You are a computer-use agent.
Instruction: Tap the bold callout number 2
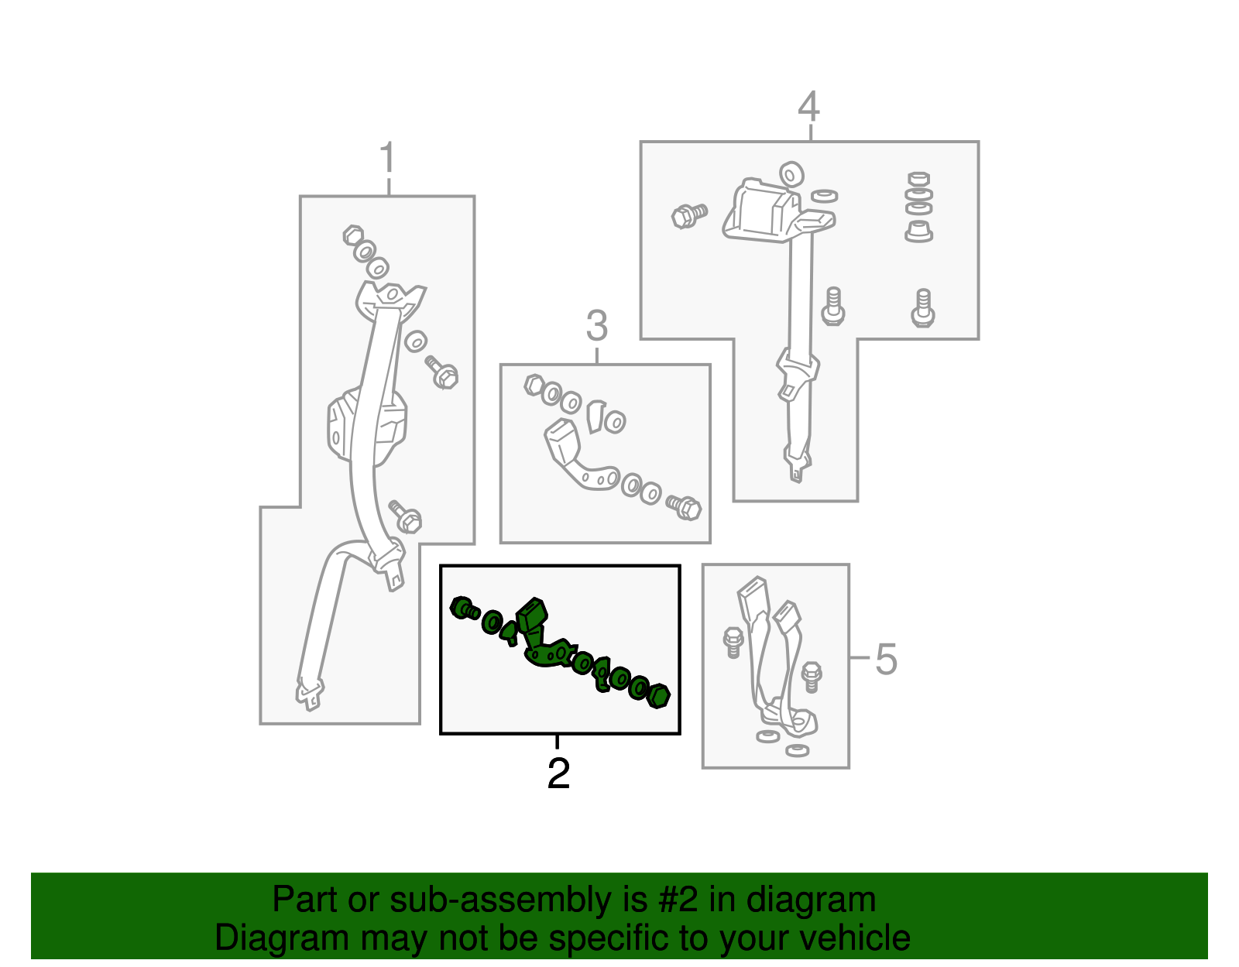[x=558, y=773]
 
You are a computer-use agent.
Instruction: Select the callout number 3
[x=597, y=325]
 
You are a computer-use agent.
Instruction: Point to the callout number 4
[x=808, y=106]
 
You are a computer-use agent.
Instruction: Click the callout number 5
[x=886, y=660]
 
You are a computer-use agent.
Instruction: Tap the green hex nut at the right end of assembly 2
[x=659, y=696]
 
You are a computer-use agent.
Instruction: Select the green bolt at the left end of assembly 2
[x=464, y=609]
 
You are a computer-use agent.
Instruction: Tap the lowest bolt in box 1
[x=405, y=516]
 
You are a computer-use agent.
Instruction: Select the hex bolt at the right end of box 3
[x=684, y=506]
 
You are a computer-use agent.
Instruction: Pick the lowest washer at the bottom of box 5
[x=797, y=750]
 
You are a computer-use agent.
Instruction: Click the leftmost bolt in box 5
[x=733, y=642]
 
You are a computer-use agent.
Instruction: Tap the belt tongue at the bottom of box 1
[x=310, y=694]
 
